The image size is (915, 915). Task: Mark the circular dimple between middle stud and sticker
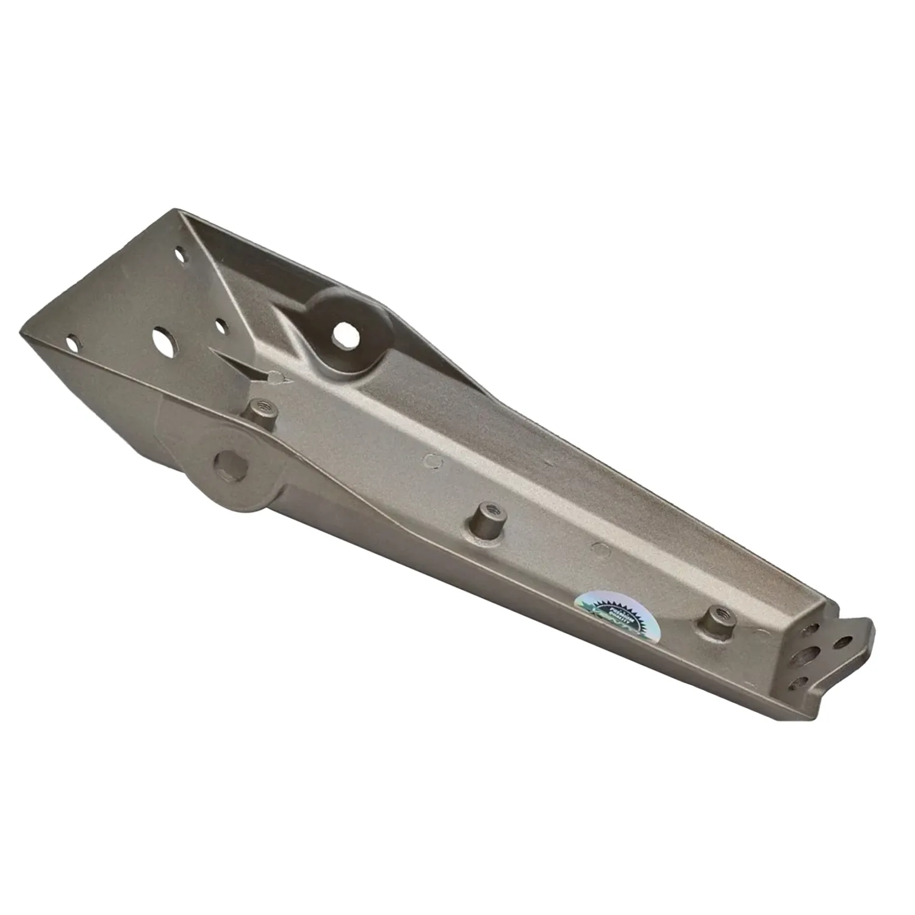pos(602,548)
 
